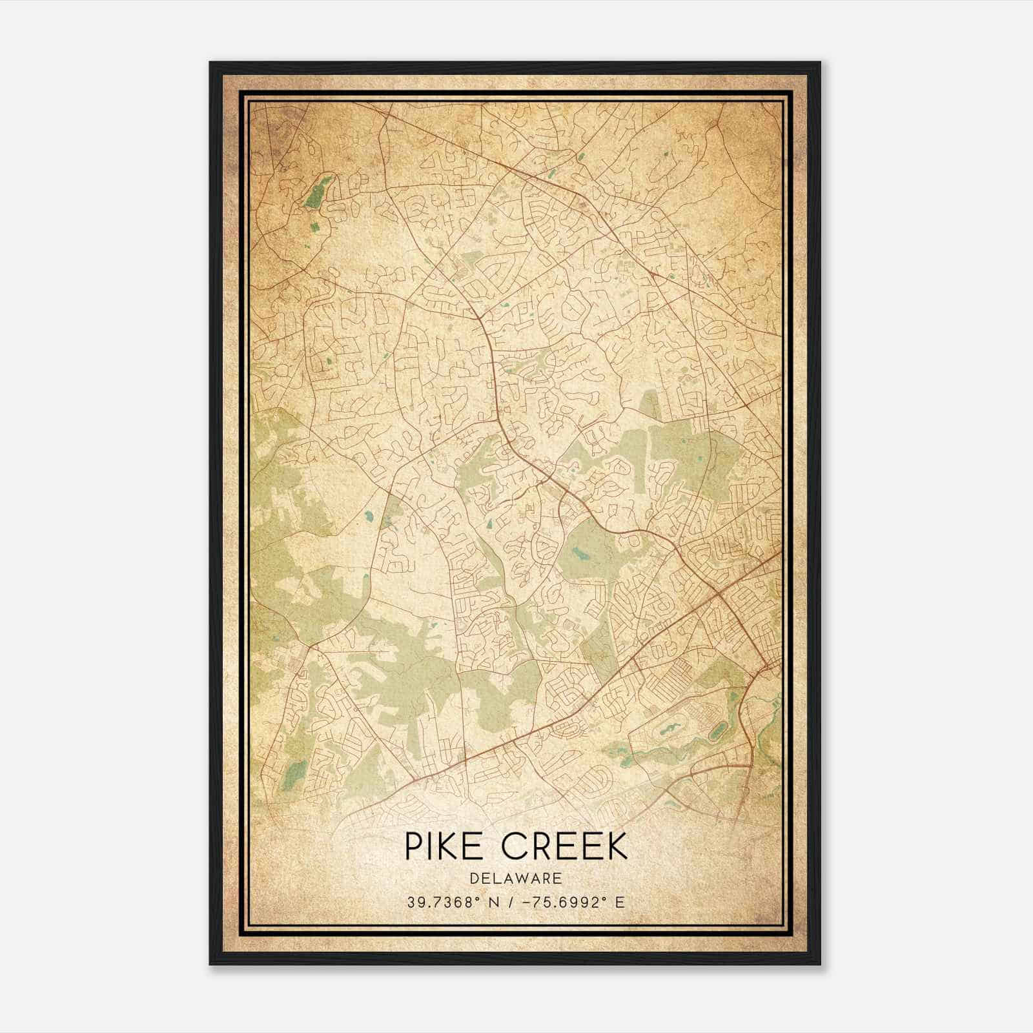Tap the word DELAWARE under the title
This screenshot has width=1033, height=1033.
[516, 878]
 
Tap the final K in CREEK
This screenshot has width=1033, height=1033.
[617, 846]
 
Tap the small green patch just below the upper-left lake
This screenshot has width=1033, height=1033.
[314, 227]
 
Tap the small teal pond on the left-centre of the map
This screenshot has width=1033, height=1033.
[368, 516]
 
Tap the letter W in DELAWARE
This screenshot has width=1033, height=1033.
[526, 878]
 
